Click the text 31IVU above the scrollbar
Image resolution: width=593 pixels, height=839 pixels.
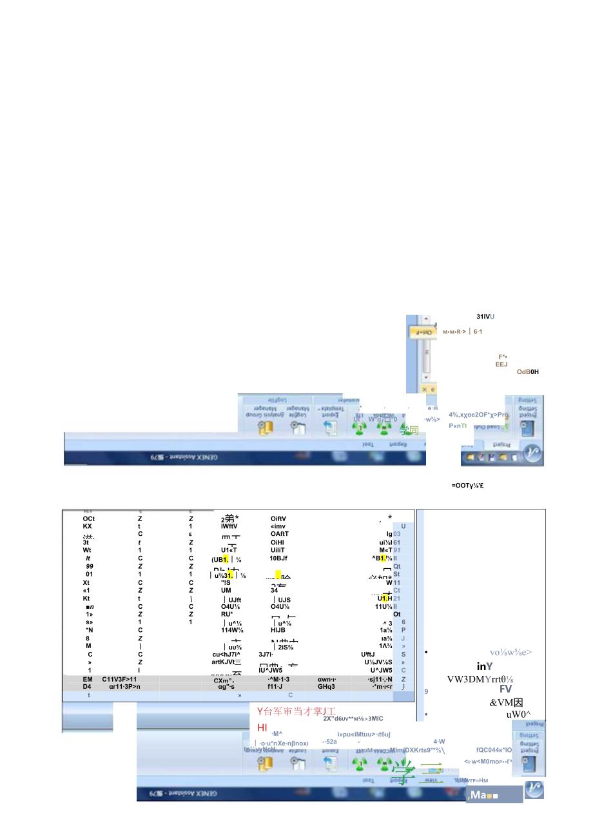[x=485, y=317]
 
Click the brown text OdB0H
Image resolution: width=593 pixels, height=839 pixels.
[x=527, y=372]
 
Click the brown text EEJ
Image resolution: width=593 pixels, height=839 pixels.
[x=501, y=364]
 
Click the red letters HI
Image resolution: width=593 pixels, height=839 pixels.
[x=262, y=727]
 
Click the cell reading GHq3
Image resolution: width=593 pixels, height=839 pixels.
[x=326, y=687]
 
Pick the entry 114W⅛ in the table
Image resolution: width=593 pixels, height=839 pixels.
[x=232, y=630]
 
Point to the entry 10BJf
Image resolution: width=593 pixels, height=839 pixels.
[x=278, y=558]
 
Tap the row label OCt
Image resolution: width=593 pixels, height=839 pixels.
[x=89, y=518]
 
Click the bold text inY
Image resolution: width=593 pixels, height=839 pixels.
[x=485, y=667]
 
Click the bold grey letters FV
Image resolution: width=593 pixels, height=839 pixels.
[x=505, y=689]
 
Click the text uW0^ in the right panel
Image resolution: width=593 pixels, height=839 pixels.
[x=517, y=715]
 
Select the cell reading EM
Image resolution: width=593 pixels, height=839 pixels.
[x=88, y=679]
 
